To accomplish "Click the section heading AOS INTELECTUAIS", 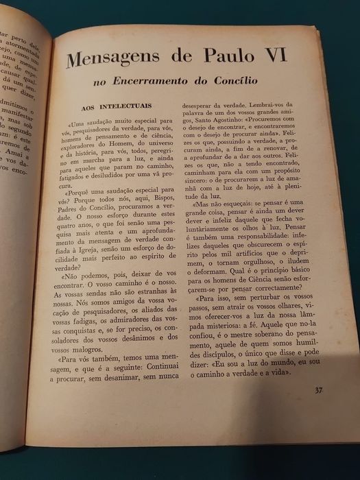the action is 107,108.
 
